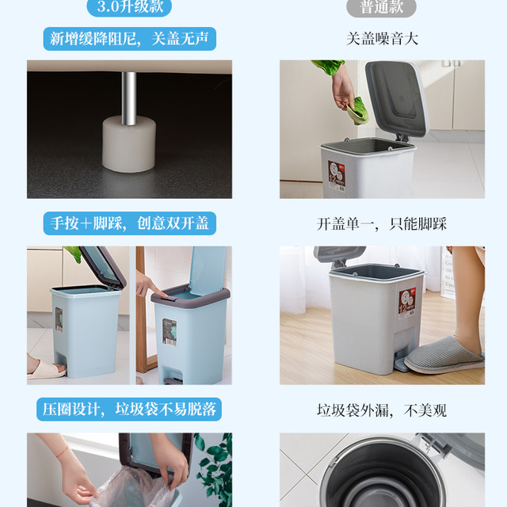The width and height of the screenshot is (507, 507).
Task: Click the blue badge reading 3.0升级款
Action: [129, 7]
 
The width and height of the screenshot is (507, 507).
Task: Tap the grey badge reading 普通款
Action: [381, 7]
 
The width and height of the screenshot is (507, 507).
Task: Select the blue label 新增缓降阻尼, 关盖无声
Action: [130, 39]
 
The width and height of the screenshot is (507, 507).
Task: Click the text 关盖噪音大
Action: [382, 39]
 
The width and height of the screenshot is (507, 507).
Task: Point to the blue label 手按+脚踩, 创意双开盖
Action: [130, 223]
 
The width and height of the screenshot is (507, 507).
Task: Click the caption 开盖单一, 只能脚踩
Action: [382, 223]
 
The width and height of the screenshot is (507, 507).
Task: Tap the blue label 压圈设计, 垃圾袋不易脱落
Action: [129, 410]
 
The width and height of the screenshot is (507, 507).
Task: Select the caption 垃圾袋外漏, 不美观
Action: [382, 410]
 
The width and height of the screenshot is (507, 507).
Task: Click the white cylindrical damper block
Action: [129, 144]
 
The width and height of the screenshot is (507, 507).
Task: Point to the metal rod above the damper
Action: [128, 98]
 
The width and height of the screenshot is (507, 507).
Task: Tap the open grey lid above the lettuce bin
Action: [397, 98]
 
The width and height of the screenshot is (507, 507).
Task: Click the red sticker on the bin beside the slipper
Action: [406, 303]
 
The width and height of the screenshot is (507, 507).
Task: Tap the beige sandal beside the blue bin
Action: [47, 370]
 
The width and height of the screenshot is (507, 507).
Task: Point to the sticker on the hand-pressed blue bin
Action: [170, 333]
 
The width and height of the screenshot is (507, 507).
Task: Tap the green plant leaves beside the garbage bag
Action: [215, 470]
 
